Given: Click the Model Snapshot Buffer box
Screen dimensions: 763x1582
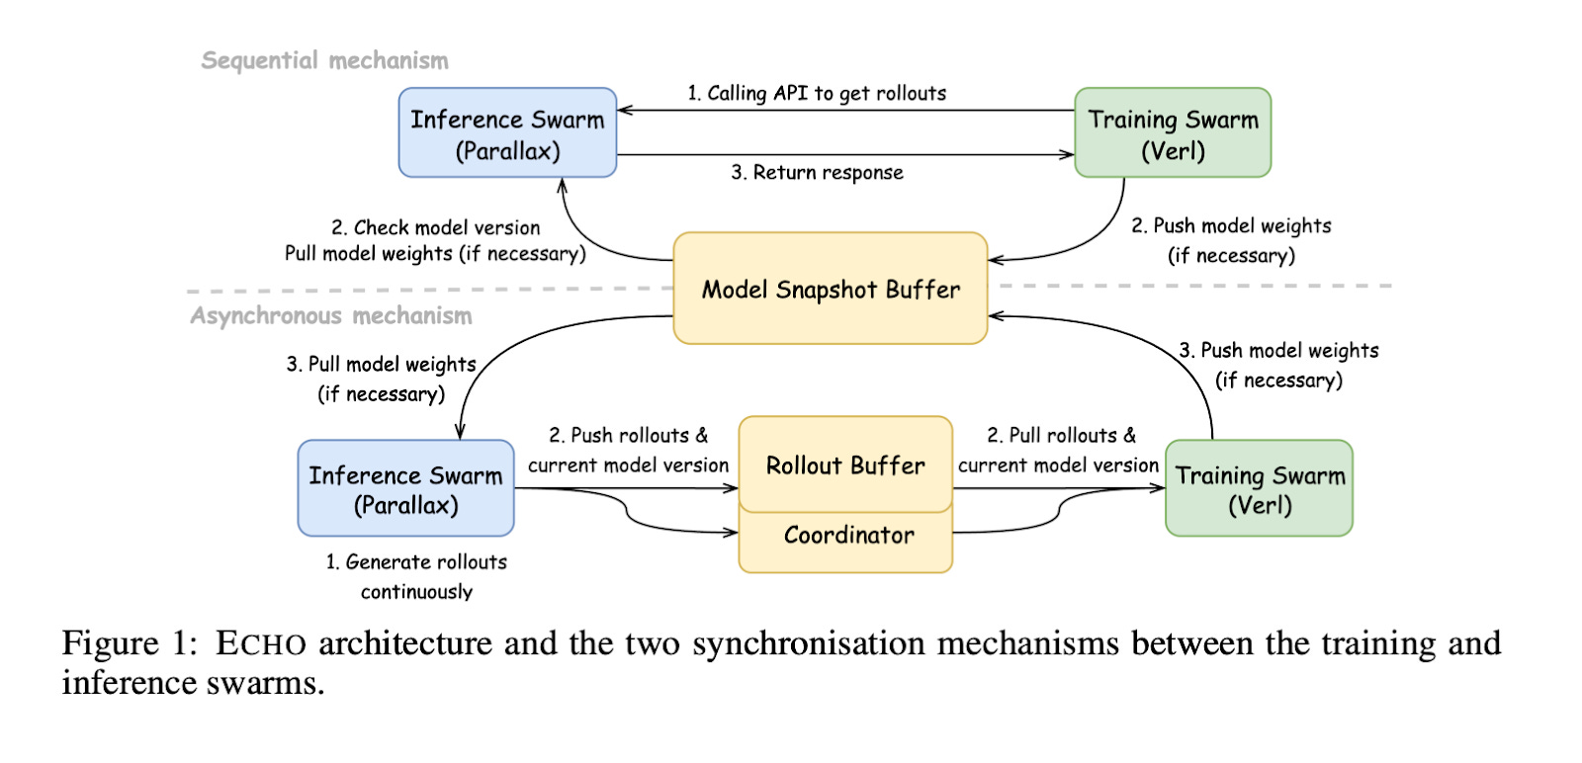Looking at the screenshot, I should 831,289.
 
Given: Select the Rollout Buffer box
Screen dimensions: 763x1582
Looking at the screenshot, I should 845,465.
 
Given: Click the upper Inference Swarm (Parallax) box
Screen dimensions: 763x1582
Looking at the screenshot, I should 507,133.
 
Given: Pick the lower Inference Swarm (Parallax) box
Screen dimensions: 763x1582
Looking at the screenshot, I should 405,488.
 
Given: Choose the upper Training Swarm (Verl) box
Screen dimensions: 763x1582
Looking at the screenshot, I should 1173,133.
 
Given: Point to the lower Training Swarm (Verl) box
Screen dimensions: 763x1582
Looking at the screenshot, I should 1259,488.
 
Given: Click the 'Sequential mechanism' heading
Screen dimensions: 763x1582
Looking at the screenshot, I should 324,60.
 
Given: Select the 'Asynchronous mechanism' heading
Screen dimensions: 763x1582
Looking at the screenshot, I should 331,315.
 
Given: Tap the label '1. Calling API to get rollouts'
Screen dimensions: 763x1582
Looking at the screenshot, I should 817,93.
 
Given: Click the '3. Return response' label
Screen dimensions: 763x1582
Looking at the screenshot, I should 817,172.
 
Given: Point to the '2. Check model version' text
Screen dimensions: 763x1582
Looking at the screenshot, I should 436,227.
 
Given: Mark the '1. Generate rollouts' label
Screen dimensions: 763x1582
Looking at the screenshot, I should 416,561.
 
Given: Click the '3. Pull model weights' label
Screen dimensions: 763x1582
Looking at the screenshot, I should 382,364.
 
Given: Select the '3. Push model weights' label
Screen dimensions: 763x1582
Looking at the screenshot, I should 1278,350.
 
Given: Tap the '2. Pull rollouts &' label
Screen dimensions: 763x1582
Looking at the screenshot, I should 1061,435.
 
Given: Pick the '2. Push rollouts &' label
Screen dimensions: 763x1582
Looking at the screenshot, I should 629,435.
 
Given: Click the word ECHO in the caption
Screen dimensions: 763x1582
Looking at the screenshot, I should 261,643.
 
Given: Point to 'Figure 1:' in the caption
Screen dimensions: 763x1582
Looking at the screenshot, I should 130,643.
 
